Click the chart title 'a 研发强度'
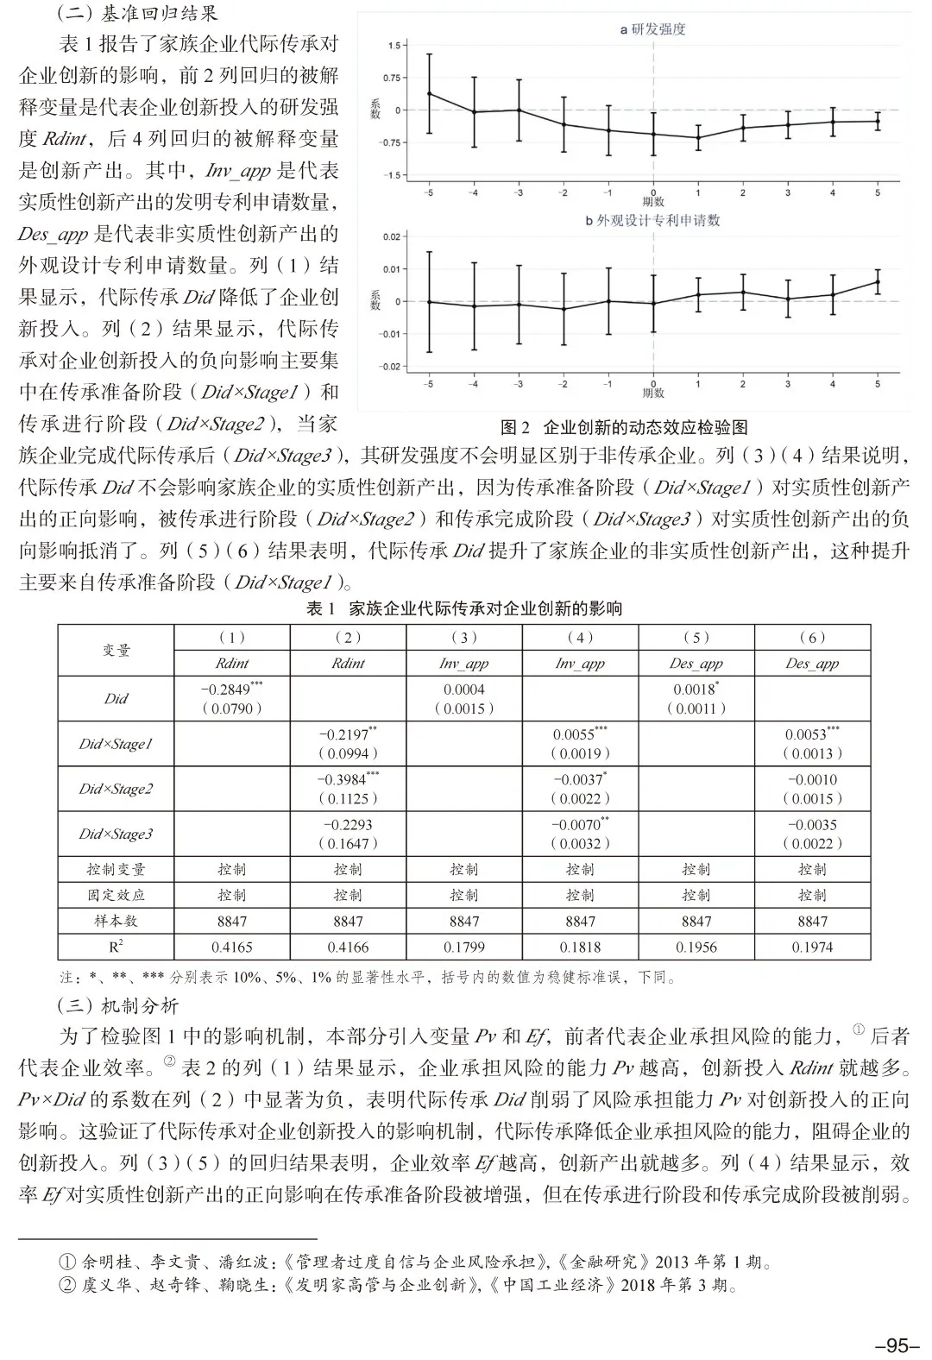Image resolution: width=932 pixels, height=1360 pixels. tap(652, 30)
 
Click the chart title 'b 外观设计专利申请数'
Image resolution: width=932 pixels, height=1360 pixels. tap(652, 220)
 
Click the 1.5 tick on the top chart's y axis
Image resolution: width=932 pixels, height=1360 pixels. tap(394, 46)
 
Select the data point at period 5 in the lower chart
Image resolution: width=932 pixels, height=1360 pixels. tap(878, 281)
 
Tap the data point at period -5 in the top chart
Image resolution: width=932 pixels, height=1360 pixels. tap(430, 94)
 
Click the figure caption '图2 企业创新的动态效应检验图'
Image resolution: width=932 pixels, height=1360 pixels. tap(624, 427)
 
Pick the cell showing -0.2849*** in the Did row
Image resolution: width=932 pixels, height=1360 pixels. tap(231, 689)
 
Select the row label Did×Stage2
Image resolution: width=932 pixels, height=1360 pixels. tap(116, 789)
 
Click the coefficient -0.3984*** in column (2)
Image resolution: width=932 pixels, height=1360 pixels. tap(348, 779)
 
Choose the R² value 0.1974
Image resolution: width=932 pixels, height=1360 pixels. tap(812, 947)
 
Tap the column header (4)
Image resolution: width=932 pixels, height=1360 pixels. tap(580, 638)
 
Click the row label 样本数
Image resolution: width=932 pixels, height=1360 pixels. tap(116, 921)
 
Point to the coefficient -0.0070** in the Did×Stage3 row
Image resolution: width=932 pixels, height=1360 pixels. tap(580, 825)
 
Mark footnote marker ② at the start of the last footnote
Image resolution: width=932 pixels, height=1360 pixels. tap(67, 1286)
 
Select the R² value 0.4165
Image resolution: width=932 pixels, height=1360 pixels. tap(231, 947)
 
